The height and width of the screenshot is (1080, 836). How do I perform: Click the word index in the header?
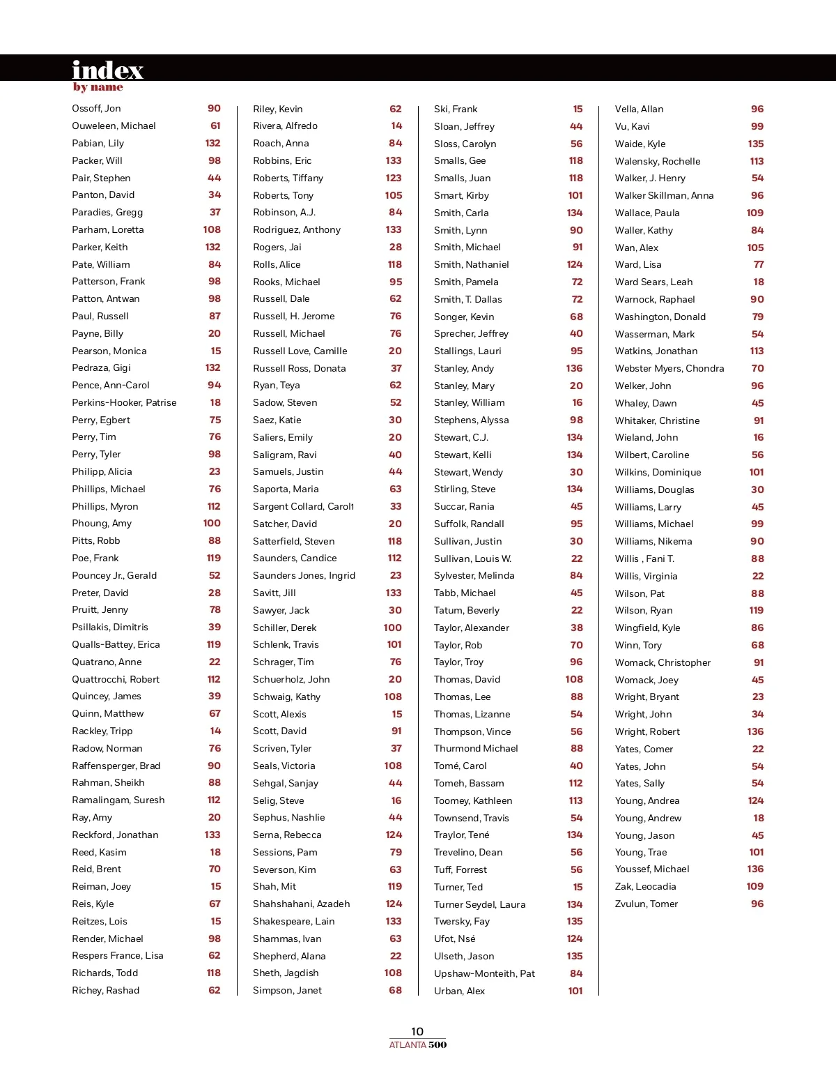click(107, 70)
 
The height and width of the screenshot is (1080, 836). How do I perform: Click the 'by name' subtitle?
click(98, 87)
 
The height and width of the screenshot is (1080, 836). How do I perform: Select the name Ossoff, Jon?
click(96, 109)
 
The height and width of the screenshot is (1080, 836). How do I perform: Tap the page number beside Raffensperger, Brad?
click(214, 766)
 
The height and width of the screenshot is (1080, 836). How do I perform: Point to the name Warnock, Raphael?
click(654, 300)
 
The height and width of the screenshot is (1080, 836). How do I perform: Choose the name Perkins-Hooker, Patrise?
click(124, 403)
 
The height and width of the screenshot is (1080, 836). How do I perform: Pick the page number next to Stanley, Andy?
click(574, 368)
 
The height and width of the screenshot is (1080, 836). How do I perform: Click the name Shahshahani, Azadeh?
click(301, 904)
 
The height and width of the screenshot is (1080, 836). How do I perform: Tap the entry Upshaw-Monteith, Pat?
click(484, 974)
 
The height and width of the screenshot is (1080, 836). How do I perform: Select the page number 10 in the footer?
click(417, 1031)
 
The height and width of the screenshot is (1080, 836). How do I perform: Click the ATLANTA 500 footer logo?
click(417, 1044)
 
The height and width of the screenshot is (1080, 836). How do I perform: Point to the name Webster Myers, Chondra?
click(669, 369)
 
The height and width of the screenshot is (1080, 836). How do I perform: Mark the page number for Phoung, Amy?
click(212, 524)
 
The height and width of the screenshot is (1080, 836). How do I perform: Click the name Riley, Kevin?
click(277, 109)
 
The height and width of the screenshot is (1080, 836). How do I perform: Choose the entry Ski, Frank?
click(456, 109)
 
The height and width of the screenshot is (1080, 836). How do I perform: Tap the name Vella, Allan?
click(639, 109)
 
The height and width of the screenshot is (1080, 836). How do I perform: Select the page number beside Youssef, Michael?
click(755, 869)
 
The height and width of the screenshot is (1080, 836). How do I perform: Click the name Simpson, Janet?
click(287, 991)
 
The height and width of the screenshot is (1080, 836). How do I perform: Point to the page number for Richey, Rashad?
click(215, 991)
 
